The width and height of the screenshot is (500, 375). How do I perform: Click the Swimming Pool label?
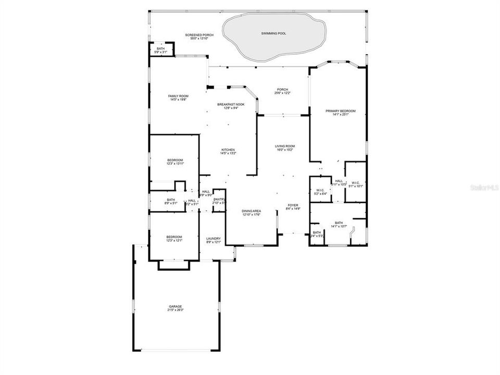tap(273, 33)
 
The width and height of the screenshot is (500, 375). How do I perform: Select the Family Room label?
tap(178, 96)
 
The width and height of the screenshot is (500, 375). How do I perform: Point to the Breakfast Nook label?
tap(231, 104)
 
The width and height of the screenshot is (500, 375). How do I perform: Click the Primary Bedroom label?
tap(341, 111)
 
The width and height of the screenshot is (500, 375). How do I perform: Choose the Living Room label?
tap(285, 146)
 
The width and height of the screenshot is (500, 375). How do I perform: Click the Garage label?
tap(175, 306)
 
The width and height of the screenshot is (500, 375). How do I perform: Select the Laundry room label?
tap(214, 239)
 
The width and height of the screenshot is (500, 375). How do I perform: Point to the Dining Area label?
tap(252, 211)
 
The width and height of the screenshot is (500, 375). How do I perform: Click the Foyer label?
tap(293, 205)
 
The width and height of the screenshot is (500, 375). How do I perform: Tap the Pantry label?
tap(219, 199)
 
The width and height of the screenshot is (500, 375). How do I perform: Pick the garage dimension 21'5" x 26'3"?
tap(175, 310)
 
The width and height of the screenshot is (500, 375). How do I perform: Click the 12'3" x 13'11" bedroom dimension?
tap(175, 164)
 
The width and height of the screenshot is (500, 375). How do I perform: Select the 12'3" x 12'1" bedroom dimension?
tap(175, 240)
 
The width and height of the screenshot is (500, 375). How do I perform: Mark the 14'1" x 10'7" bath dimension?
tap(339, 227)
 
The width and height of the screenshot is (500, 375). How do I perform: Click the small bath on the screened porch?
tap(160, 50)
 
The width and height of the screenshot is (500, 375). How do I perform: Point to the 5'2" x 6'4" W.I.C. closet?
tap(320, 192)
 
